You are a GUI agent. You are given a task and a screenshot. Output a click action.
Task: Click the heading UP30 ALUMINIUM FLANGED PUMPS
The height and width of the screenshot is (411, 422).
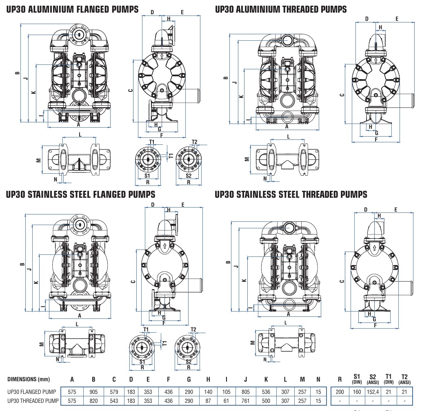point(72,9)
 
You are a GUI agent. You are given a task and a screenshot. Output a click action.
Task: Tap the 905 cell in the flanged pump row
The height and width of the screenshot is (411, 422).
point(93,391)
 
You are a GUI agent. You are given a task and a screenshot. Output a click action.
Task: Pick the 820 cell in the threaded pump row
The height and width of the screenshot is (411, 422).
point(93,401)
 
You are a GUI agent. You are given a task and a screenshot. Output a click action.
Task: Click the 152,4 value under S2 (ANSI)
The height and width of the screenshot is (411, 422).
point(372,391)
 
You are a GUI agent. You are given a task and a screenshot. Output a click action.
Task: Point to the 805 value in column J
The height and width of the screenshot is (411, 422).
point(245,391)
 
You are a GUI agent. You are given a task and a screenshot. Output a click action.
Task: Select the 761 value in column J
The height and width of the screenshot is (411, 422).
point(245,401)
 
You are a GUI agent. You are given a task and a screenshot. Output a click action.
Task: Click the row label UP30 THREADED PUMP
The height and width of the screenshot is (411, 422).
point(33,401)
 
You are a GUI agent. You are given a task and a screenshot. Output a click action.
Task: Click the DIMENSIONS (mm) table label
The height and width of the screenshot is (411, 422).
point(29,379)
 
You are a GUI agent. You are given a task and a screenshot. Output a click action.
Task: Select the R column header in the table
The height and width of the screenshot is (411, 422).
point(340,379)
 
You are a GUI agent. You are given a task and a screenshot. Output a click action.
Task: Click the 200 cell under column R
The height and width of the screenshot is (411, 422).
point(340,391)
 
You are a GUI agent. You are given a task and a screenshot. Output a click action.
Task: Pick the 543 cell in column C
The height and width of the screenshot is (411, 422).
point(114,401)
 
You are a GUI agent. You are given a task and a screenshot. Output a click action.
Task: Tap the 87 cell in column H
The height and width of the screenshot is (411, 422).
point(208,401)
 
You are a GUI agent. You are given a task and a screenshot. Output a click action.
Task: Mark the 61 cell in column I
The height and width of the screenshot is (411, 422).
point(227,401)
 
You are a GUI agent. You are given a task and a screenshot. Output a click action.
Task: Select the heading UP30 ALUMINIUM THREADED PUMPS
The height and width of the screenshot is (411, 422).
point(281,9)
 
